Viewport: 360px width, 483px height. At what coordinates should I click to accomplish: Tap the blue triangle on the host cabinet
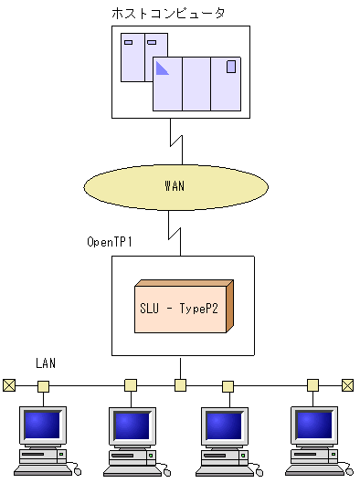(x=162, y=67)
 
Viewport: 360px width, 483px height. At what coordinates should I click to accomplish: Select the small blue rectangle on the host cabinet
(x=231, y=67)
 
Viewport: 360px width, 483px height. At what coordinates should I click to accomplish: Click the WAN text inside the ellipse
(x=175, y=186)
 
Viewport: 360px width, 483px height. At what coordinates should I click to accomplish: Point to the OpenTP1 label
(x=110, y=243)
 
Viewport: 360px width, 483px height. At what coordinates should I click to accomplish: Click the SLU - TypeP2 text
(x=178, y=308)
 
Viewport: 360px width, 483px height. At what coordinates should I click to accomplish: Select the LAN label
(x=46, y=363)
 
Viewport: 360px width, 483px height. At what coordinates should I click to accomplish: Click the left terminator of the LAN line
(x=9, y=385)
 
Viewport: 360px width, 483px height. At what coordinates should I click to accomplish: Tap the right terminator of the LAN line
(x=347, y=385)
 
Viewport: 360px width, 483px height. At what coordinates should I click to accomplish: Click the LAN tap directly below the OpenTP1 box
(x=181, y=385)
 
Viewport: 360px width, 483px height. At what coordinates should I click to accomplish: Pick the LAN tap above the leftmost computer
(x=43, y=385)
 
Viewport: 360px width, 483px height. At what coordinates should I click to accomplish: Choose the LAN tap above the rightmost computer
(x=313, y=385)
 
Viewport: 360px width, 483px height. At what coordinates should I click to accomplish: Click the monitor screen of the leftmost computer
(x=42, y=425)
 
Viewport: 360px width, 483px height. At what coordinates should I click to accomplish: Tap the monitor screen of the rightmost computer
(x=313, y=425)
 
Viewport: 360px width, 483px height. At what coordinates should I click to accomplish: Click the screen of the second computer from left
(x=132, y=425)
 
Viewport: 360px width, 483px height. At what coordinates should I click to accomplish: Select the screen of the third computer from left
(x=224, y=425)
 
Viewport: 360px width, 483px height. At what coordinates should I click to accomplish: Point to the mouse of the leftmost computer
(x=77, y=471)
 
